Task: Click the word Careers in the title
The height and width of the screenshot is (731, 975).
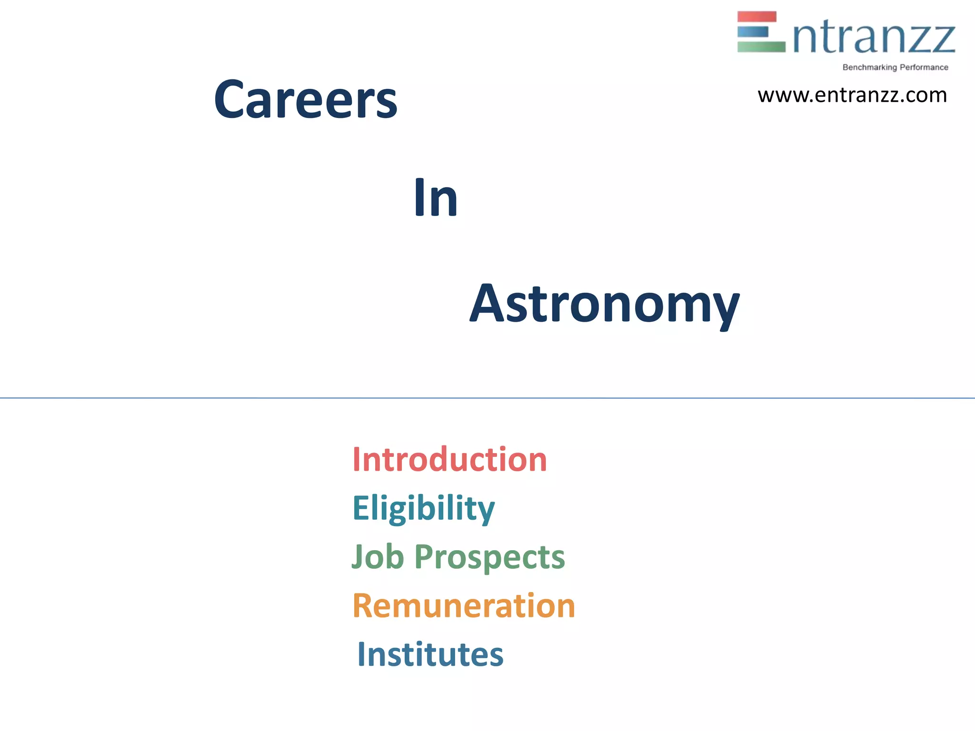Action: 305,99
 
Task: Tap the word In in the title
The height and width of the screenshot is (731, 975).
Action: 436,198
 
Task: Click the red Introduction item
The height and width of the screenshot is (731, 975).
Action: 449,460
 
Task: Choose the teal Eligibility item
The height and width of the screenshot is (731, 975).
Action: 423,508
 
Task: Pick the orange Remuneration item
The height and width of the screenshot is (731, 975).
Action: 464,606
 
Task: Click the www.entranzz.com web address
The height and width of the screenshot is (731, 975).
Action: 852,95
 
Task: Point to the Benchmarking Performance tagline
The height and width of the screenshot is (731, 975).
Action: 895,67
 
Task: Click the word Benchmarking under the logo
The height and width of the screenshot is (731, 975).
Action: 869,67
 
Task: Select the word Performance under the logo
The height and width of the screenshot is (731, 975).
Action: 924,67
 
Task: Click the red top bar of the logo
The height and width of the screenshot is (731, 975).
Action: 756,17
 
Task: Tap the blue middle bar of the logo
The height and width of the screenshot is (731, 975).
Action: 753,32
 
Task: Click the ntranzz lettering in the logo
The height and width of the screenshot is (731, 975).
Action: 874,37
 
